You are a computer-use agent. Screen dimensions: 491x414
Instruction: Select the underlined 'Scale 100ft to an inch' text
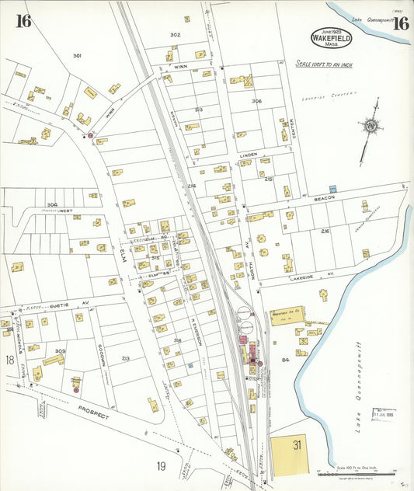[x=323, y=64]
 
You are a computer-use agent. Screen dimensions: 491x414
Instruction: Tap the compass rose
[x=372, y=127]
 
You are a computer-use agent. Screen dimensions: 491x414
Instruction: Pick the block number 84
[x=285, y=360]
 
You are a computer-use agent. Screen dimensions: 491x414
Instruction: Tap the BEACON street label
[x=325, y=198]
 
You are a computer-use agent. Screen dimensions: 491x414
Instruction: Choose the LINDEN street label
[x=248, y=155]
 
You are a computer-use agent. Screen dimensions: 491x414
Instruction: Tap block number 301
[x=77, y=55]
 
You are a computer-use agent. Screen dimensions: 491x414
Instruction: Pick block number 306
[x=256, y=102]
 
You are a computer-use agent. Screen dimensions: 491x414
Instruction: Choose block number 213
[x=125, y=358]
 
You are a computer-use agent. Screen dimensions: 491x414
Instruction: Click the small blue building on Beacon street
[x=333, y=189]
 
